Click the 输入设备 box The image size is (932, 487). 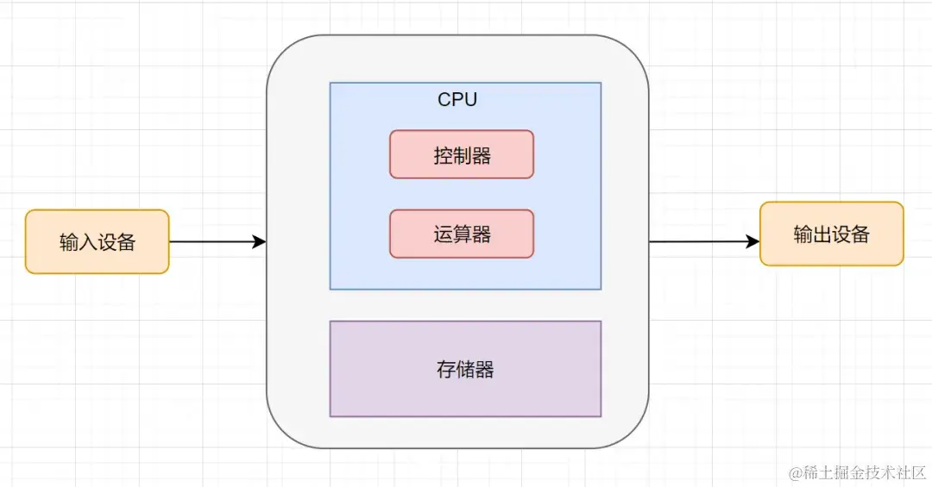click(x=97, y=241)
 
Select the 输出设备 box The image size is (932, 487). click(x=831, y=234)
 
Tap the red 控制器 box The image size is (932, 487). click(x=462, y=154)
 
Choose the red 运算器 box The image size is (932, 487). click(x=462, y=234)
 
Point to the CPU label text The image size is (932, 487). click(x=457, y=100)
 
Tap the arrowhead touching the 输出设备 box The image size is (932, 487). click(x=753, y=242)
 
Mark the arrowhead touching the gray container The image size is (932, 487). click(x=259, y=242)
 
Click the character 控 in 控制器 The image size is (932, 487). click(x=443, y=156)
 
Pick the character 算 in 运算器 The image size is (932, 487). click(x=462, y=234)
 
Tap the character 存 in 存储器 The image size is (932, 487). click(x=446, y=371)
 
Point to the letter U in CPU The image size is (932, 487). click(x=470, y=100)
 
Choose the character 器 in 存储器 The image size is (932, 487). click(x=484, y=371)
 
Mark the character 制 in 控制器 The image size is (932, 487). click(x=462, y=156)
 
